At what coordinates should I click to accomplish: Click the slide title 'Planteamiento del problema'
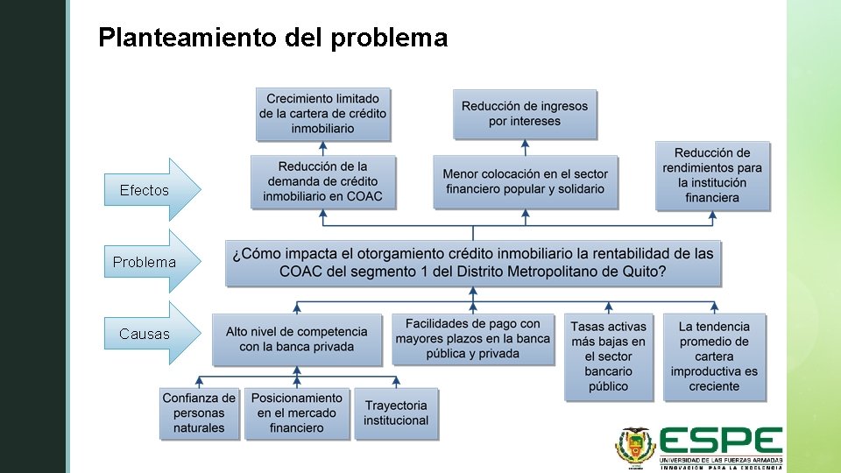(x=272, y=38)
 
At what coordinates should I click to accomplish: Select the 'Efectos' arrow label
(x=145, y=190)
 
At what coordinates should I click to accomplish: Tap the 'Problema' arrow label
(x=145, y=262)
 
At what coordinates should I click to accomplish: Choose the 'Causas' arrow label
(x=145, y=334)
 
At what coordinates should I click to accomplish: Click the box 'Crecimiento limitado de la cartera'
(x=322, y=114)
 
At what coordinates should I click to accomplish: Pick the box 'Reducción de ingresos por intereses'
(x=524, y=114)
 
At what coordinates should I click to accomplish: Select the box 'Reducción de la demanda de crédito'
(x=322, y=181)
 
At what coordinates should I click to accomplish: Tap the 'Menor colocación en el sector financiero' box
(x=525, y=181)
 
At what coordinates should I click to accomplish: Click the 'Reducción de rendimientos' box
(x=712, y=175)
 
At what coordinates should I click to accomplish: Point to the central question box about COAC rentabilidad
(x=473, y=263)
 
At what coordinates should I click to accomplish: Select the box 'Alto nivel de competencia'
(x=297, y=339)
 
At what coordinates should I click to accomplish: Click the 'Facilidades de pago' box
(x=473, y=339)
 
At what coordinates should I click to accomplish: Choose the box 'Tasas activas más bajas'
(x=608, y=357)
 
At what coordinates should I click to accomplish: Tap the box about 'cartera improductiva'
(x=714, y=357)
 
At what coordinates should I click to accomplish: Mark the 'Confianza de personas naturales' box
(x=199, y=413)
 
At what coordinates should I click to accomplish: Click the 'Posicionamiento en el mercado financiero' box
(x=296, y=413)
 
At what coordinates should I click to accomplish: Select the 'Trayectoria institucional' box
(x=396, y=413)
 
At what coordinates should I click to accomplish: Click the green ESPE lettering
(x=720, y=441)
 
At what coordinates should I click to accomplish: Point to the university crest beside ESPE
(x=634, y=447)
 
